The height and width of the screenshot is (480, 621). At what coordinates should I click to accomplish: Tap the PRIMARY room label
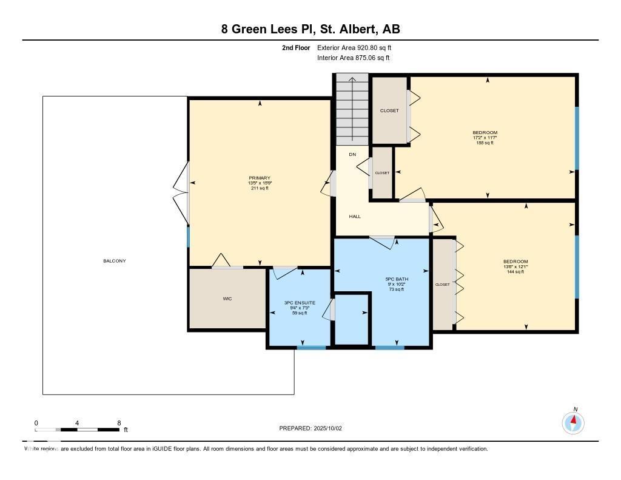[x=260, y=178]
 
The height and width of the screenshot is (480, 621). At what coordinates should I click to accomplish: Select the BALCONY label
[x=114, y=261]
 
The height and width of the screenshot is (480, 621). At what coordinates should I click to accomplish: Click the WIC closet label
[x=227, y=299]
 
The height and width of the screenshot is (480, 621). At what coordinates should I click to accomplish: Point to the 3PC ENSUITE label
[x=300, y=302]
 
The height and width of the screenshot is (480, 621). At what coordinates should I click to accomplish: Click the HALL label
[x=355, y=216]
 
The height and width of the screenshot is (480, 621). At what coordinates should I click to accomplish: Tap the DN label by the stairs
[x=352, y=155]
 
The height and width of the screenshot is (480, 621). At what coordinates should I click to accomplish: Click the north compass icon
[x=573, y=422]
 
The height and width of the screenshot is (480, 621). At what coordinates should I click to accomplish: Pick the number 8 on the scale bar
[x=119, y=423]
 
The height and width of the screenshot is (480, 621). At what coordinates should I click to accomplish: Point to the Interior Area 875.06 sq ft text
[x=353, y=58]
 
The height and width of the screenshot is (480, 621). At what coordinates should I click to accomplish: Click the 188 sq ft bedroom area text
[x=485, y=143]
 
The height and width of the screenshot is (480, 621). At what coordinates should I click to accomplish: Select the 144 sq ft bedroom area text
[x=515, y=272]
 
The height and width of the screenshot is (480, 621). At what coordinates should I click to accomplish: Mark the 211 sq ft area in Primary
[x=260, y=188]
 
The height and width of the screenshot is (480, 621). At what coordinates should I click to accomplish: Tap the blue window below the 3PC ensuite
[x=311, y=348]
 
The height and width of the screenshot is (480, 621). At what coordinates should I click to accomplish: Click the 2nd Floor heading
[x=296, y=47]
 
